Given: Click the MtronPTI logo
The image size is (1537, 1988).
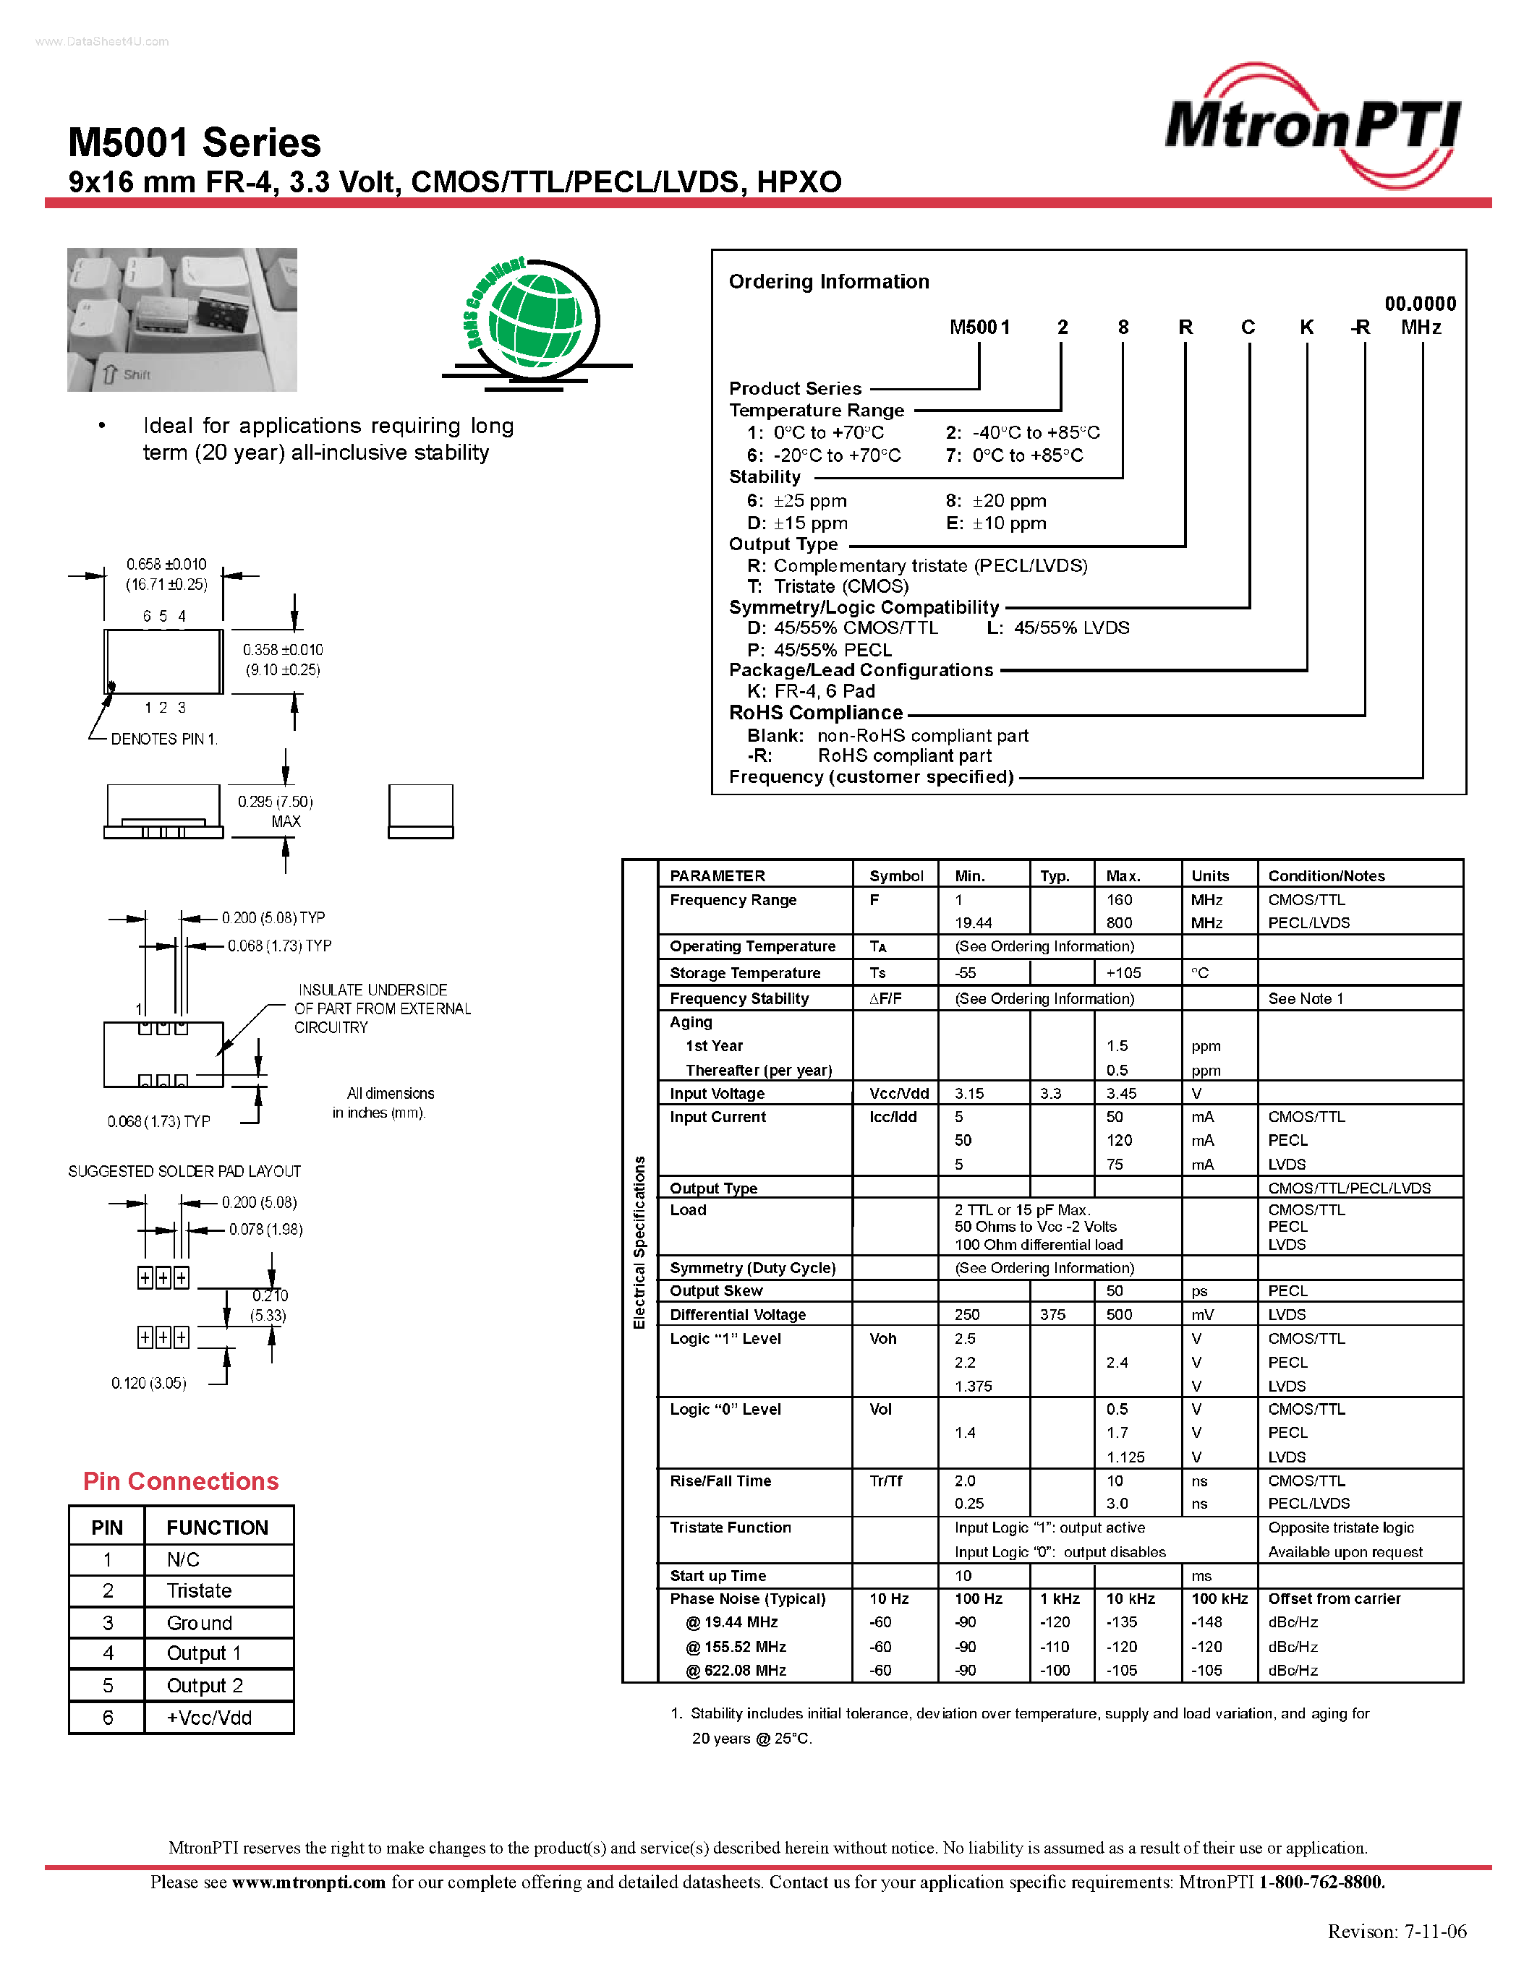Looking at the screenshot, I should pos(1312,126).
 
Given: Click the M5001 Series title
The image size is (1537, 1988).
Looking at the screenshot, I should pos(194,143).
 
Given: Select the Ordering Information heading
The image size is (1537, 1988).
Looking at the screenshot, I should pos(829,281).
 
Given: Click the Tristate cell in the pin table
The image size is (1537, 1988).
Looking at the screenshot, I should pos(200,1590).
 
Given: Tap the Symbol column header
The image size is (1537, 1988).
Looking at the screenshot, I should pos(896,875).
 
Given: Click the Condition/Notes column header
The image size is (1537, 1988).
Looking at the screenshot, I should pos(1326,875).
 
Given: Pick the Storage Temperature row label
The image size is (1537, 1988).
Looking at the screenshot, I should pos(745,973).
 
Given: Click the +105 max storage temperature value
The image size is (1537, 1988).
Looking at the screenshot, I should pos(1123,973).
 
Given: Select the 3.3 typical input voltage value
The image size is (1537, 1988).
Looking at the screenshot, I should pos(1051,1093).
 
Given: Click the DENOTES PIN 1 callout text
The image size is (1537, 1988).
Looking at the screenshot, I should pos(164,739).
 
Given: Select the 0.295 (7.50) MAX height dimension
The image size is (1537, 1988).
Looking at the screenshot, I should pos(275,811).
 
